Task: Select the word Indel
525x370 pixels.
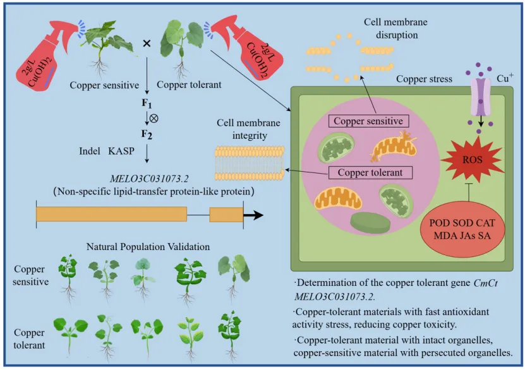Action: coord(90,152)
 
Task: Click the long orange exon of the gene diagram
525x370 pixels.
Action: coord(111,214)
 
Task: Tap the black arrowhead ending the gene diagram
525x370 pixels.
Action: coord(254,215)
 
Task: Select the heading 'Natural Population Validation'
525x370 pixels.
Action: coord(148,246)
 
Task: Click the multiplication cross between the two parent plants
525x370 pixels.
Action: coord(147,43)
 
